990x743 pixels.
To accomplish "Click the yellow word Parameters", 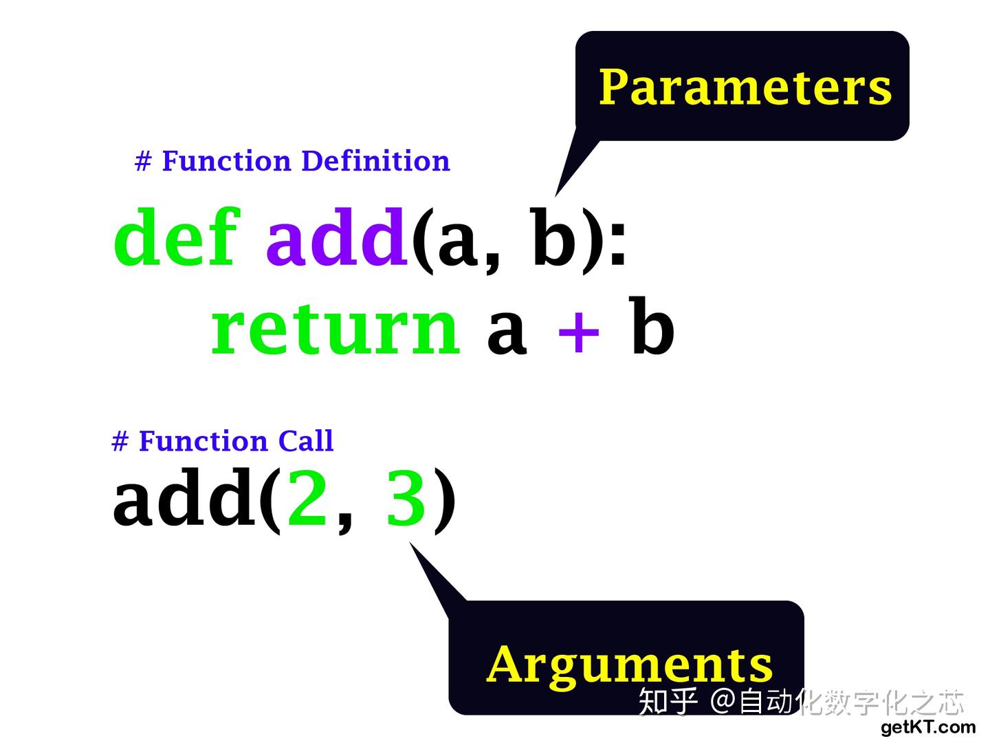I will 745,87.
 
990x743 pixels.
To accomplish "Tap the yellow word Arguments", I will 629,665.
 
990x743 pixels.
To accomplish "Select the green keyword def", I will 177,237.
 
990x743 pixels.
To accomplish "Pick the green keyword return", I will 335,328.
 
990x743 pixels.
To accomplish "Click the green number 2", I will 307,497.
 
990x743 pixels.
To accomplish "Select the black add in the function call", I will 184,497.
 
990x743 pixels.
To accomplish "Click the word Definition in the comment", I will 375,161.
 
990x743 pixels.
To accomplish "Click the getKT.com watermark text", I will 927,727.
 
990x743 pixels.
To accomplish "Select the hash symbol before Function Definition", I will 143,162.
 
